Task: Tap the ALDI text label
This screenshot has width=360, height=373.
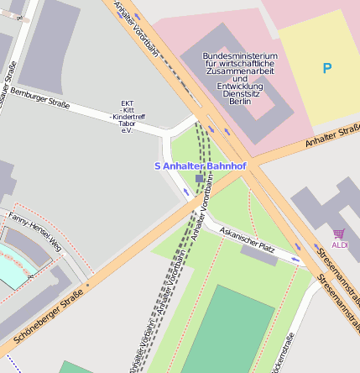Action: coord(339,244)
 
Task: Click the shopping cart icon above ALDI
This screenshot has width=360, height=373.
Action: coord(338,234)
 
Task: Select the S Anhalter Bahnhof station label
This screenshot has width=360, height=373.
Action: coord(200,166)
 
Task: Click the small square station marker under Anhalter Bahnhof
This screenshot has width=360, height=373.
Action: coord(199,179)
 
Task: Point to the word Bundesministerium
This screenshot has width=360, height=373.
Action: coord(240,55)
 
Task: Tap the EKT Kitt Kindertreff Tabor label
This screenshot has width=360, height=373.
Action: coord(128,118)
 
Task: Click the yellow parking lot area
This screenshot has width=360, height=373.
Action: coord(319,84)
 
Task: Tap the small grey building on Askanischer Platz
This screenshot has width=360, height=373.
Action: coord(259,255)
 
